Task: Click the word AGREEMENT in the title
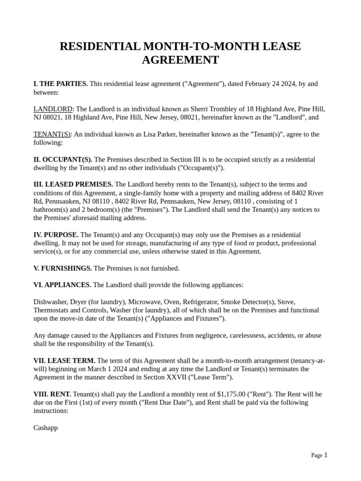[180, 60]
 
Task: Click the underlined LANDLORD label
[53, 109]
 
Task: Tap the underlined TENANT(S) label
[52, 134]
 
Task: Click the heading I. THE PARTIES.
[61, 84]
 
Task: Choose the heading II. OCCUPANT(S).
[63, 160]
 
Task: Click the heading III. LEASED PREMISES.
[73, 185]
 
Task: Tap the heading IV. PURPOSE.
[56, 235]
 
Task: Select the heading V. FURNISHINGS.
[63, 268]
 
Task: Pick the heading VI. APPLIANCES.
[63, 285]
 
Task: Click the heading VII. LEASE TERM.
[64, 361]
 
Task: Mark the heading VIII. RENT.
[52, 394]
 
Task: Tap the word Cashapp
[46, 428]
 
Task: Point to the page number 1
[326, 455]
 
